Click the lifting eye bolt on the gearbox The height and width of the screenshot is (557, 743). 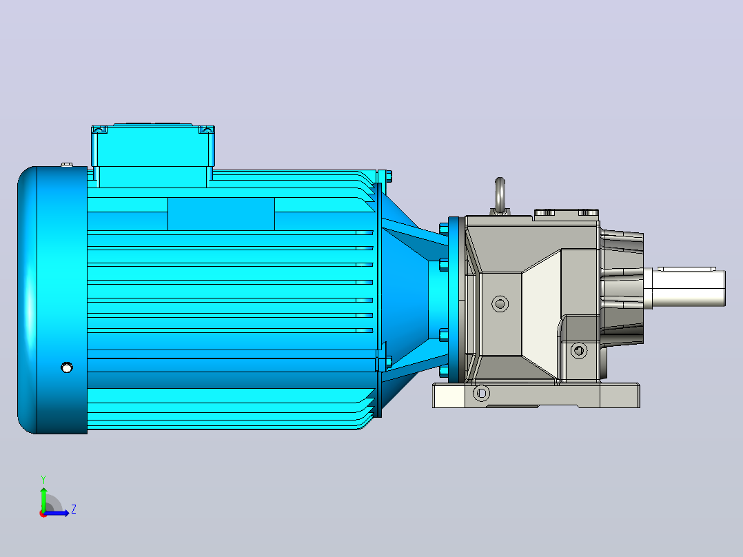point(500,195)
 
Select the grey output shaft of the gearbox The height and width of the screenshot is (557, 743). point(684,288)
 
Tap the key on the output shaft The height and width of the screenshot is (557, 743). point(686,269)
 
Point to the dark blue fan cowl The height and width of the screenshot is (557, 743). point(52,300)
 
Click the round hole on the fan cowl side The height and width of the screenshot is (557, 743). point(67,367)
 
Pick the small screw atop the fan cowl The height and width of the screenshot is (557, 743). point(67,165)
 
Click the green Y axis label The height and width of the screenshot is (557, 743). point(43,479)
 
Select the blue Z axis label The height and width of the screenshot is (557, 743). point(74,509)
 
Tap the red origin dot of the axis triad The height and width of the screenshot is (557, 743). point(43,514)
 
